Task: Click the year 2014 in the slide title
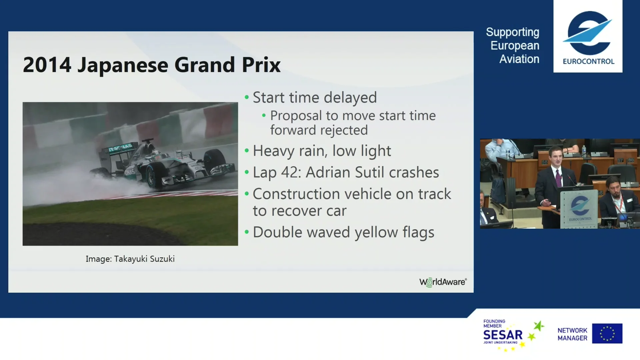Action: (47, 65)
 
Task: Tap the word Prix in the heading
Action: (261, 65)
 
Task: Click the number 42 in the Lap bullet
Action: (290, 172)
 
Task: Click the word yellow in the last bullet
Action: (376, 233)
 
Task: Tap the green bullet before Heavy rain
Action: (247, 151)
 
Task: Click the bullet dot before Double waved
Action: (247, 232)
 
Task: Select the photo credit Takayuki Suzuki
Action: (144, 259)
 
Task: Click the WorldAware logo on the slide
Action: (443, 282)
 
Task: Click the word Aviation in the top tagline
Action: (519, 59)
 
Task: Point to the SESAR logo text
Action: (503, 335)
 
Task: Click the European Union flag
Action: (607, 333)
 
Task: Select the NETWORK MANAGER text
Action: (572, 334)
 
